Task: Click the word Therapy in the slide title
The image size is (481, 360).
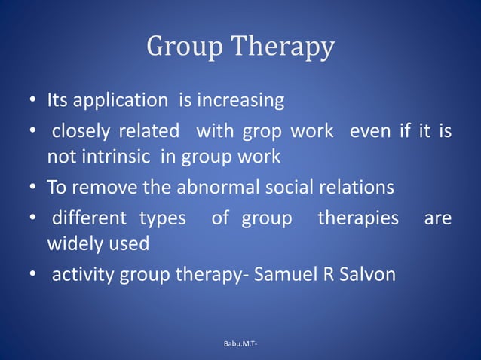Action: point(283,48)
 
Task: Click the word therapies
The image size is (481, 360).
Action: point(358,220)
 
